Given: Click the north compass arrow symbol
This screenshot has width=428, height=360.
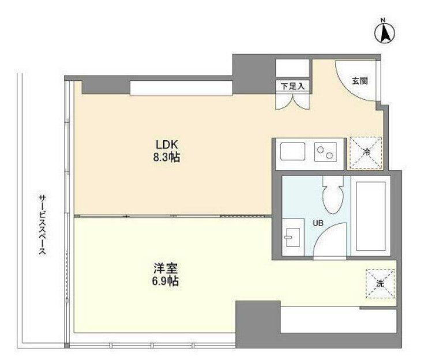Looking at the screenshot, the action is [x=385, y=32].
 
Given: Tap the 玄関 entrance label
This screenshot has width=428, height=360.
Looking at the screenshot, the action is [x=359, y=81].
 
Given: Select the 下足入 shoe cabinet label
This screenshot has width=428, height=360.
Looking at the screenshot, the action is [x=292, y=87].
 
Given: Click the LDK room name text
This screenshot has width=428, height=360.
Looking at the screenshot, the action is [x=167, y=144].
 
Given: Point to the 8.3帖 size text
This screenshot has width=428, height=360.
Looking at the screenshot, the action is [x=167, y=157].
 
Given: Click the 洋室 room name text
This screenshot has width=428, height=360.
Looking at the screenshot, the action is [x=166, y=268].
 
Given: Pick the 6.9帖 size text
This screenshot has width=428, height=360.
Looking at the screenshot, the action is [x=166, y=281].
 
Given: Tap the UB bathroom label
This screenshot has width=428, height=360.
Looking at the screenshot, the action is [x=318, y=223].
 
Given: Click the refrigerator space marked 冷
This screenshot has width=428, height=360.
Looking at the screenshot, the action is [x=366, y=153].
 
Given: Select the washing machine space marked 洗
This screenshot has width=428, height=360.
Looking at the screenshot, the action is [x=380, y=284].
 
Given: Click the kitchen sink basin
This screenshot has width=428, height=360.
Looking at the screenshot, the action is [x=292, y=152].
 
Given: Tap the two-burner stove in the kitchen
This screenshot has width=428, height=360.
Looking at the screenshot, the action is [x=325, y=152].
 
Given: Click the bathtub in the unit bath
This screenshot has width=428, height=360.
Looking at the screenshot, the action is [x=371, y=216].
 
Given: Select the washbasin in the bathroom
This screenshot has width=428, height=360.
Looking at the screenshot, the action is [x=293, y=237].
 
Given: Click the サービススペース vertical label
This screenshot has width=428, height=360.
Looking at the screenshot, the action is [x=42, y=225].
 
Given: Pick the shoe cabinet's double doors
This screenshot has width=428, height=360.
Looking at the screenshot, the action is [x=293, y=101].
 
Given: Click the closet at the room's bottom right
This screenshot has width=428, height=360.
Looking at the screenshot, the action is [x=339, y=320].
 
